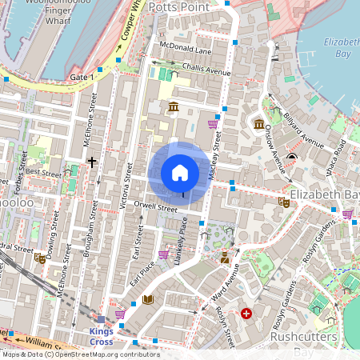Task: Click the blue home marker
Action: coord(180,173)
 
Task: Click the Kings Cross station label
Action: coord(101,336)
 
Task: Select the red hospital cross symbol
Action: coord(246,314)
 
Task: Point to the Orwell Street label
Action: coord(155,207)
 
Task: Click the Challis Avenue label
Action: coord(206,70)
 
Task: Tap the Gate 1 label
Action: coord(82,76)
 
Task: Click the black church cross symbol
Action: coord(92,162)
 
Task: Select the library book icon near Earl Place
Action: coord(147,300)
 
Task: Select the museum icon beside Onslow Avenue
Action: coord(259,125)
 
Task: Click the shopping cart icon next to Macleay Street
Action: coord(213,124)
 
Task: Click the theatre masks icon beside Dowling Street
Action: coord(40,258)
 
